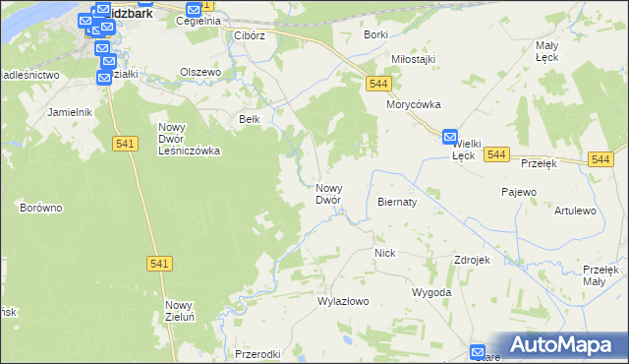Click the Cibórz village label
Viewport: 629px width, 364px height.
click(x=250, y=35)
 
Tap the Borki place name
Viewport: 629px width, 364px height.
click(x=375, y=34)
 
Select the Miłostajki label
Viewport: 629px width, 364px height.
click(x=412, y=59)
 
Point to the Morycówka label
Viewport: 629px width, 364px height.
click(x=414, y=104)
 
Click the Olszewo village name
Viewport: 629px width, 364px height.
click(x=200, y=72)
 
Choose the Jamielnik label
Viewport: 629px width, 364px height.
click(x=69, y=112)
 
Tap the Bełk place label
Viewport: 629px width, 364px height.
click(x=250, y=119)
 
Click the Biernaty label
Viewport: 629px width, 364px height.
click(x=397, y=201)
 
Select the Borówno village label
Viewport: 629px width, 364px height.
click(x=41, y=208)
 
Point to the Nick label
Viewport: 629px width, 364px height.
click(x=384, y=253)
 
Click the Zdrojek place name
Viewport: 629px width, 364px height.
click(x=472, y=260)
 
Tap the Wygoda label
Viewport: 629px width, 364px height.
click(x=431, y=292)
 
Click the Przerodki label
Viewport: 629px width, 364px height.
click(x=259, y=354)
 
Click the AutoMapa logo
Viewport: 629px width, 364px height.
click(x=561, y=344)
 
